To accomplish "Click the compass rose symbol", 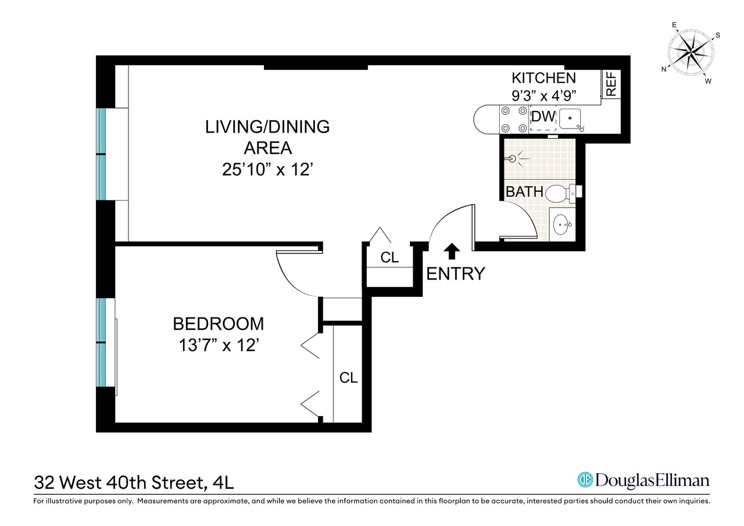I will (691, 52).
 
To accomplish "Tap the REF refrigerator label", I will (611, 84).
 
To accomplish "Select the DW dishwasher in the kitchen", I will (543, 117).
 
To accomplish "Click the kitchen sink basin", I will (573, 119).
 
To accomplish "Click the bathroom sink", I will (562, 224).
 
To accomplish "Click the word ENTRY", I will (455, 273).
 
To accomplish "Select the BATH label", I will (524, 192).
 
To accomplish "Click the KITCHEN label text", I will (543, 78).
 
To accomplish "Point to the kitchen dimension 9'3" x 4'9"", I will (543, 95).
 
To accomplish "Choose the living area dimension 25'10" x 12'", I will (267, 170).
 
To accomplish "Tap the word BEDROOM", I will (218, 323).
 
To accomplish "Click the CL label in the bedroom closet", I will (348, 378).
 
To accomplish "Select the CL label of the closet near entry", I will (389, 257).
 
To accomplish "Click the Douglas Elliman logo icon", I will (585, 480).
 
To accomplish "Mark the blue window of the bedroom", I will (102, 343).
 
